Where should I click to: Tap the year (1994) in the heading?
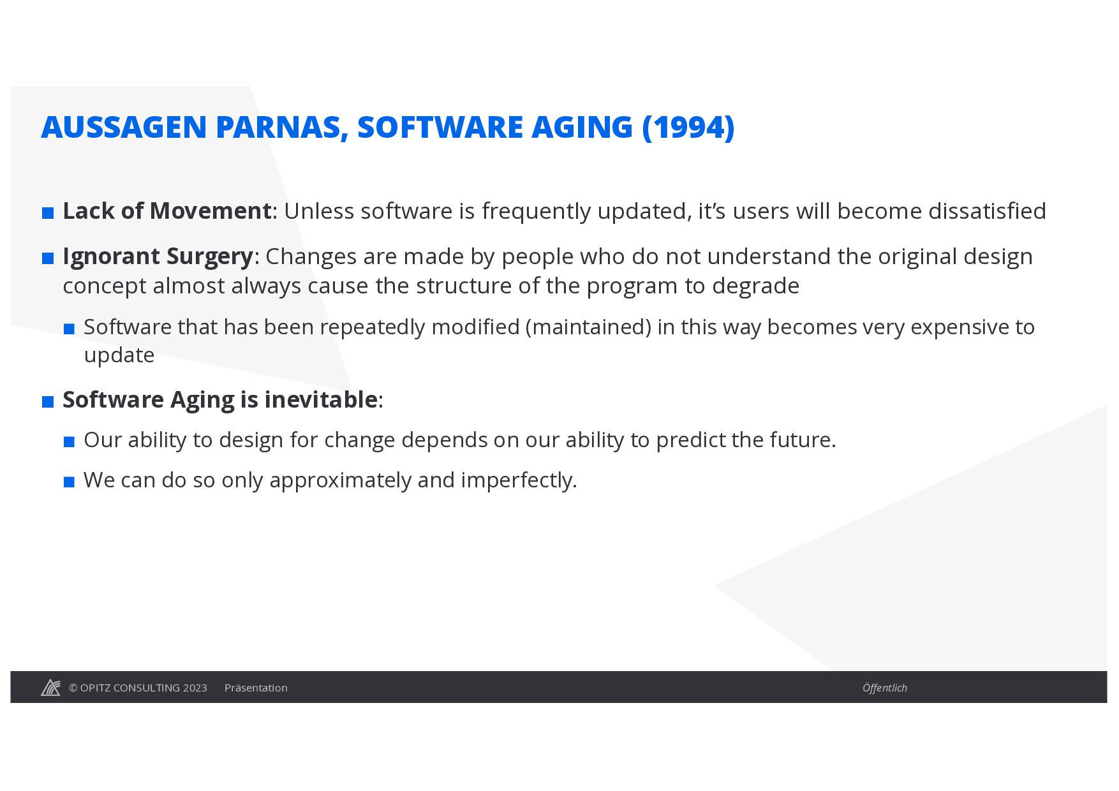[688, 127]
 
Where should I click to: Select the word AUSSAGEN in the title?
[124, 127]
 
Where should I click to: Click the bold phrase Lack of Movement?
[167, 211]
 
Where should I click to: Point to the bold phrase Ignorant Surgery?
[158, 256]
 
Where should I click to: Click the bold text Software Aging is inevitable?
[220, 400]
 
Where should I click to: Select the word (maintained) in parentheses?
[588, 327]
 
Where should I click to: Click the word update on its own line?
[119, 355]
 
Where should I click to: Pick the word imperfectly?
[519, 480]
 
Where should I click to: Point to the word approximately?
[340, 480]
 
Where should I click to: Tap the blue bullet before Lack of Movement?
[48, 213]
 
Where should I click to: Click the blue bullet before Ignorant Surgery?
[48, 258]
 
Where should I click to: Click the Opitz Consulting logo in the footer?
[51, 687]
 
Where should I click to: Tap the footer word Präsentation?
[256, 688]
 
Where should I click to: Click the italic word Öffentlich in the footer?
[885, 688]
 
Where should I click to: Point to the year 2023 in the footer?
[195, 688]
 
